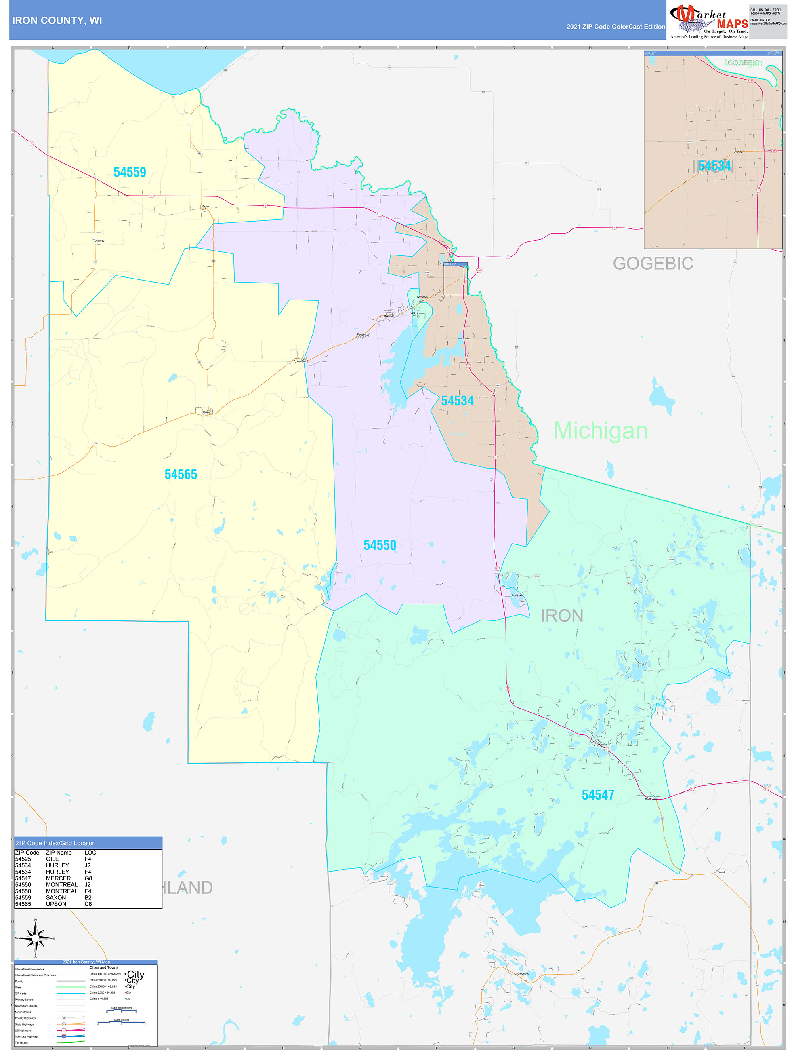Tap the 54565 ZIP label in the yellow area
pos(181,474)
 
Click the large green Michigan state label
pos(600,431)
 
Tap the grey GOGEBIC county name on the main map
pos(653,263)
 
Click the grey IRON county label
pos(562,616)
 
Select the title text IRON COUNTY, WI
pos(57,21)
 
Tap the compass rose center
pos(36,938)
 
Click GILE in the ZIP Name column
pos(52,859)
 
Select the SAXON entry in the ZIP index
pos(56,897)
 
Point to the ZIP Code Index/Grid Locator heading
pos(55,843)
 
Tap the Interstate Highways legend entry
pos(27,1036)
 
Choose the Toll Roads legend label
pos(21,1043)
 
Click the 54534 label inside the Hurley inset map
pos(714,166)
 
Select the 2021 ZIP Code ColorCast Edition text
pos(616,27)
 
